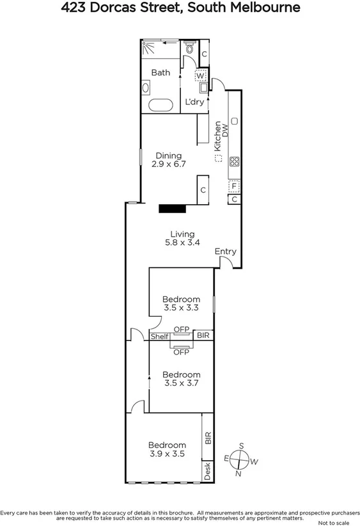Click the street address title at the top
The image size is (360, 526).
[180, 8]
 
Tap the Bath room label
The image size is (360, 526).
[160, 72]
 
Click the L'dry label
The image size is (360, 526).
[194, 102]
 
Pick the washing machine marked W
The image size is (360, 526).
[201, 75]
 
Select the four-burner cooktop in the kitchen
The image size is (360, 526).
[234, 161]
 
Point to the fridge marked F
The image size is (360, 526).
[235, 187]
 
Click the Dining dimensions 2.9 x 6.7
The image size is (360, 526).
[168, 164]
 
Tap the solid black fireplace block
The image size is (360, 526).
[172, 207]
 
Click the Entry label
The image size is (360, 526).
[225, 251]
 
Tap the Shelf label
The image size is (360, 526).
[159, 336]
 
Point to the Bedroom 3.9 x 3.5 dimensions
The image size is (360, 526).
[168, 454]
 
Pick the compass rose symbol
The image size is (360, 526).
[240, 458]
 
